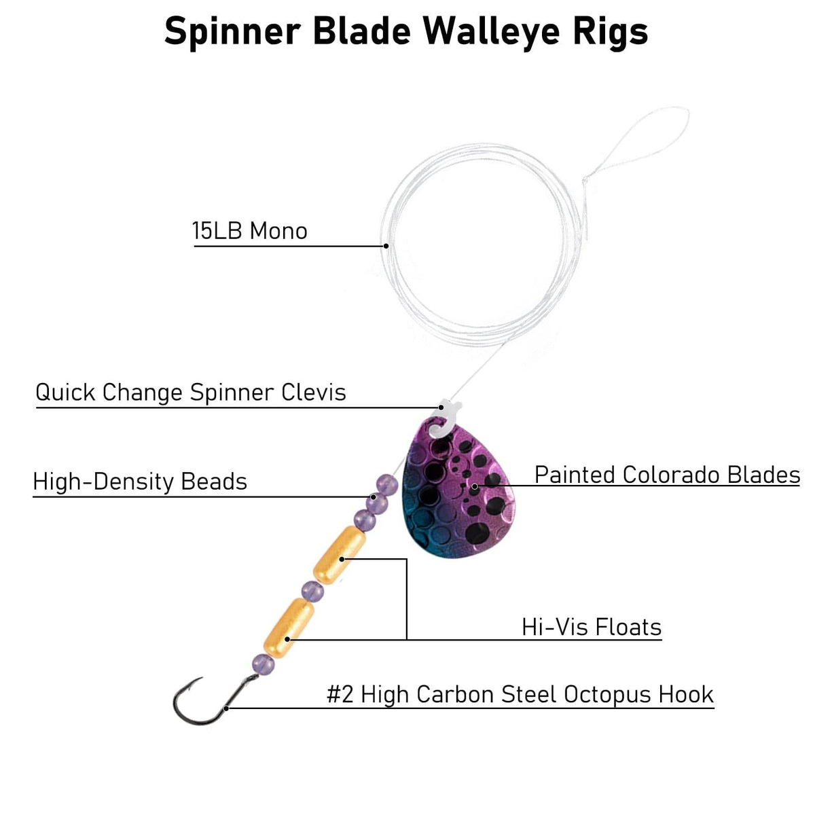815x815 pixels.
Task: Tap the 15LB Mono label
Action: [x=250, y=232]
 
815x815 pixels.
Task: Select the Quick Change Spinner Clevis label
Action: [x=191, y=393]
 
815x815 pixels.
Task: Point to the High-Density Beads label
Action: [x=140, y=482]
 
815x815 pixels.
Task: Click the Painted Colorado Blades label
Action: [x=667, y=475]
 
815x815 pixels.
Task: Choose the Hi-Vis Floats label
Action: [x=592, y=627]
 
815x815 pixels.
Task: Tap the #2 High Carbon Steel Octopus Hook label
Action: [x=520, y=695]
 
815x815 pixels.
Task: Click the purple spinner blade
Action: [x=455, y=496]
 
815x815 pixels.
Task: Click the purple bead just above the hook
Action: [x=263, y=664]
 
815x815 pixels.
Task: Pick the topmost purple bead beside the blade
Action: [x=386, y=484]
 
